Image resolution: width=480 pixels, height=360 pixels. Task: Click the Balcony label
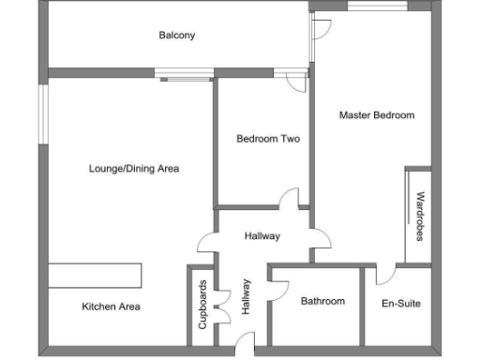tap(176, 36)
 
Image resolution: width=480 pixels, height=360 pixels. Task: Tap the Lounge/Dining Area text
tap(133, 169)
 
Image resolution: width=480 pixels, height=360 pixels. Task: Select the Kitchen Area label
tap(111, 307)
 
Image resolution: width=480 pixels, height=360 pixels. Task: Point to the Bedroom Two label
tap(267, 139)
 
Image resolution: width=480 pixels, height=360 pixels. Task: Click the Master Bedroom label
tap(376, 115)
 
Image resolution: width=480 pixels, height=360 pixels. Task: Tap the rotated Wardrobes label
tap(420, 216)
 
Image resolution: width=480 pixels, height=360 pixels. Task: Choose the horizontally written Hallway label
tap(262, 235)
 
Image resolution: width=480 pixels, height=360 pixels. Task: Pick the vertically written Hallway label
tap(247, 296)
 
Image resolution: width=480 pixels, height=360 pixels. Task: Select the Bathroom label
tap(322, 301)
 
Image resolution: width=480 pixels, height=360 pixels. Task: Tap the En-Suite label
tap(401, 304)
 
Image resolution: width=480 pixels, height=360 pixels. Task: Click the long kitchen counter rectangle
tap(95, 276)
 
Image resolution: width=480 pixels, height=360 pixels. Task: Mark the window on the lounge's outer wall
tap(41, 118)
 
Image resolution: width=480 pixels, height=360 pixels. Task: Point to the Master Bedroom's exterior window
tap(377, 7)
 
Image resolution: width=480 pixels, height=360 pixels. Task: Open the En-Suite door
tap(385, 276)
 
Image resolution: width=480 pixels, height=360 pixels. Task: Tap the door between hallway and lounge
tap(206, 245)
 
